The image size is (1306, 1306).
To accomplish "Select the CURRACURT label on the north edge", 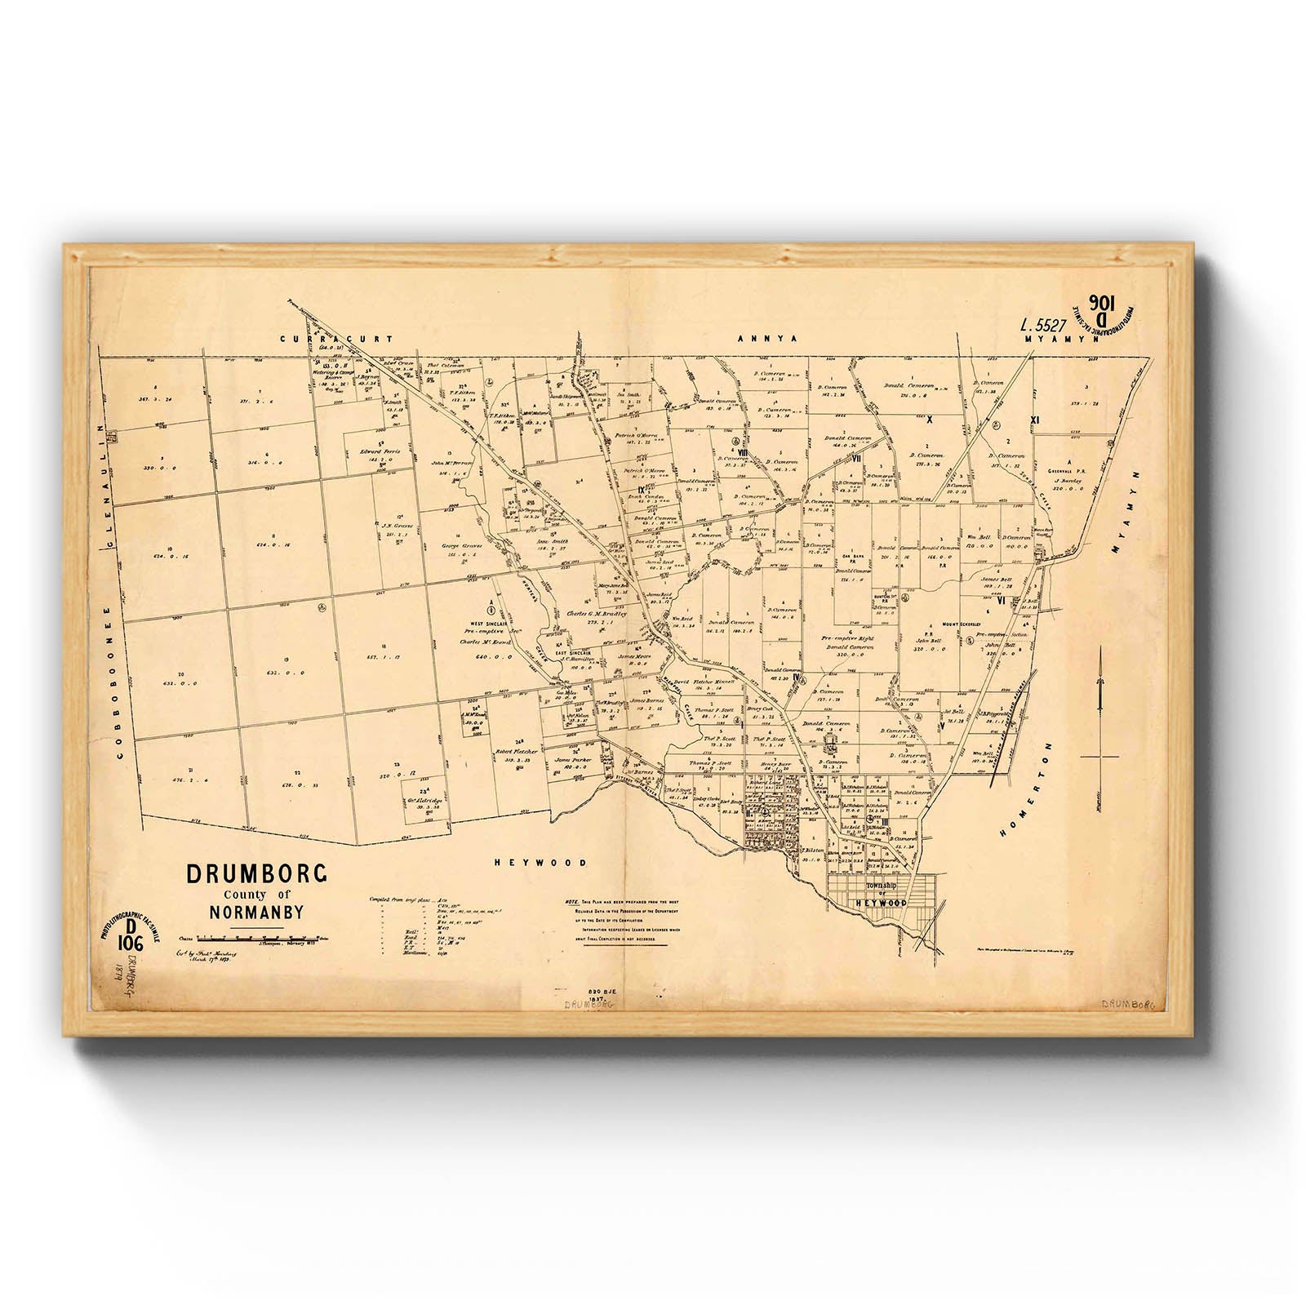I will [335, 338].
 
